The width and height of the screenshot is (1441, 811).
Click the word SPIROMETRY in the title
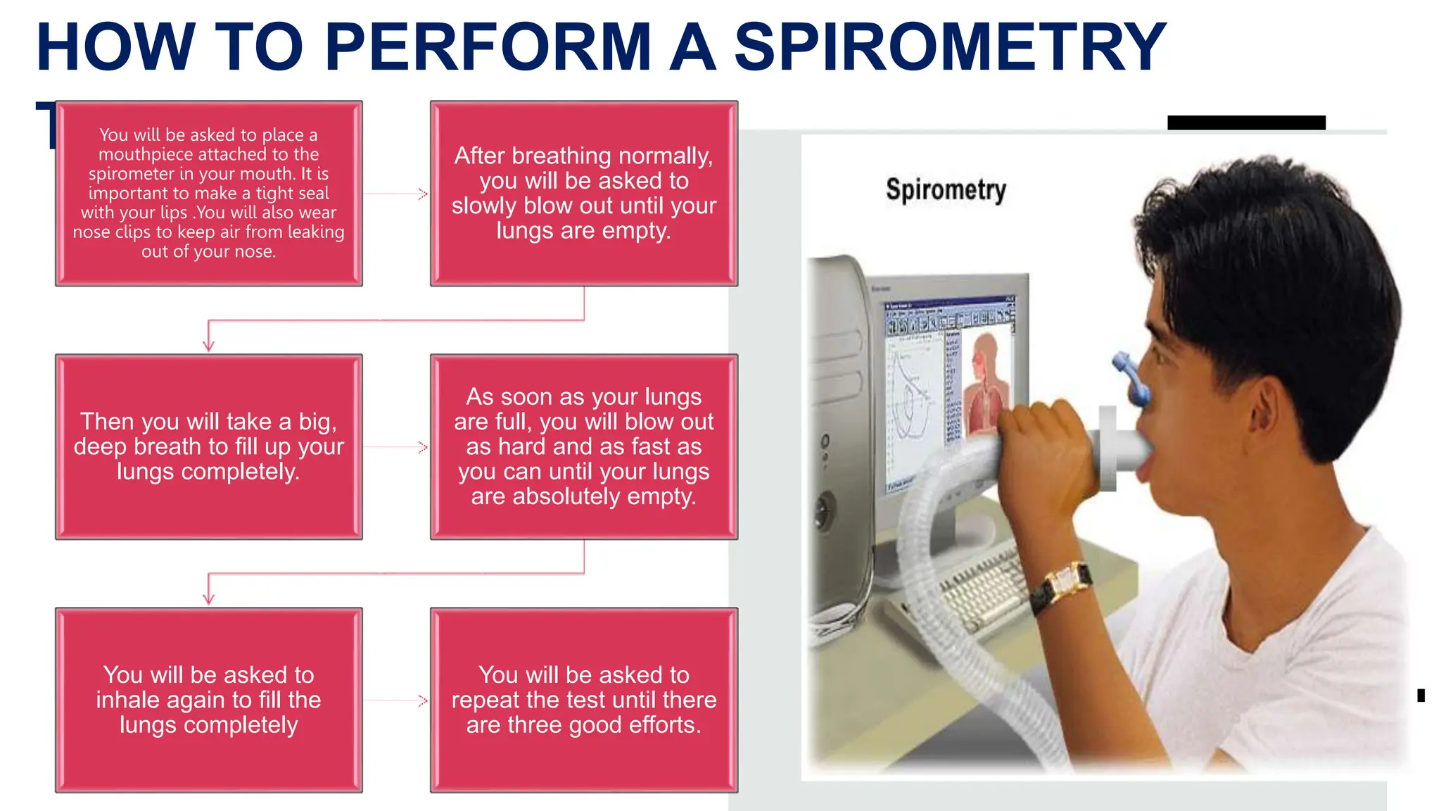click(950, 48)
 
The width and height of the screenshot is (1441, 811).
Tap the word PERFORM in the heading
click(488, 48)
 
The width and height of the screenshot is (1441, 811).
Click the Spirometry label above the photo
click(945, 190)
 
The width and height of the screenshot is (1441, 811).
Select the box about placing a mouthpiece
click(208, 193)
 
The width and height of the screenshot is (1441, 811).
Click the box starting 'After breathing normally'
click(583, 193)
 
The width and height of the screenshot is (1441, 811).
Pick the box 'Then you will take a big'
click(208, 446)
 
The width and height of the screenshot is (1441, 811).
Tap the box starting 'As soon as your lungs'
click(583, 446)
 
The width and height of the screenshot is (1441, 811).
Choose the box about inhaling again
click(208, 700)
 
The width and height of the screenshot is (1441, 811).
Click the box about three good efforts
click(583, 700)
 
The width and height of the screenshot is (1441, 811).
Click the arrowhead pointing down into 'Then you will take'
click(208, 345)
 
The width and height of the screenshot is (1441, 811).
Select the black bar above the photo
click(1246, 122)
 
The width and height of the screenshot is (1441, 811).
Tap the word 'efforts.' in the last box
click(665, 725)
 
